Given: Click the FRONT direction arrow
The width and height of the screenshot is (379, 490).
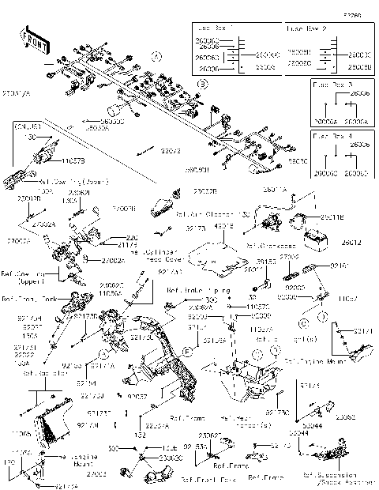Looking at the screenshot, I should click(x=32, y=42).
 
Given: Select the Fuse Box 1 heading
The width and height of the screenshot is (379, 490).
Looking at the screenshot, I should click(x=215, y=28).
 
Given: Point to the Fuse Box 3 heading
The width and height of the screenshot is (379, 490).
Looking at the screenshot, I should click(x=332, y=83).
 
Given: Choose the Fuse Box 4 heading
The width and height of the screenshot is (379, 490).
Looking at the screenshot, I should click(x=332, y=136).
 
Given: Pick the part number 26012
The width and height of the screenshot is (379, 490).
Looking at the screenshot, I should click(x=352, y=243).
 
